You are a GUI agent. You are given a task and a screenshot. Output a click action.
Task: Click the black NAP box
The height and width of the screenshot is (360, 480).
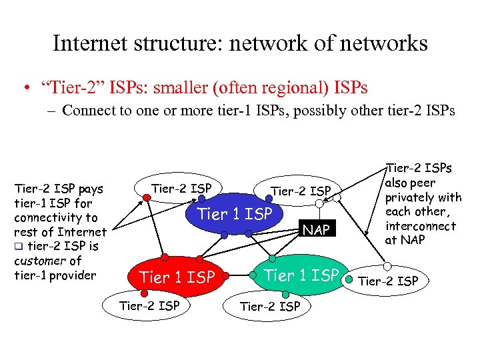(x=317, y=230)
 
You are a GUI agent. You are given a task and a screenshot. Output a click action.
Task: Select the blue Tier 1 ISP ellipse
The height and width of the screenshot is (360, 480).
(x=235, y=215)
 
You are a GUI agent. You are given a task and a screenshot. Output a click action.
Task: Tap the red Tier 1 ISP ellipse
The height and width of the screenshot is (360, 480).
(x=177, y=277)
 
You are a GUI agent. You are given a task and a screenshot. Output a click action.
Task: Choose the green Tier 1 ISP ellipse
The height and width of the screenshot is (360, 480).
(x=301, y=275)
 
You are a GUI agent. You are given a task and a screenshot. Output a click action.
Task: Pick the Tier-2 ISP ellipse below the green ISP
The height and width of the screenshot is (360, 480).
(x=269, y=306)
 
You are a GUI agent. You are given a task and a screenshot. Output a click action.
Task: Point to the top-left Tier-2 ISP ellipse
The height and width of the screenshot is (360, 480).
(x=181, y=189)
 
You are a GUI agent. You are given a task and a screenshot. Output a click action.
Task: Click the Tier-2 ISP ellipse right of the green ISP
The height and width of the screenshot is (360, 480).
(x=388, y=281)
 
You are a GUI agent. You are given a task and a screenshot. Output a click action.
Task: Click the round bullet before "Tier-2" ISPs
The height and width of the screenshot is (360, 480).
(x=24, y=88)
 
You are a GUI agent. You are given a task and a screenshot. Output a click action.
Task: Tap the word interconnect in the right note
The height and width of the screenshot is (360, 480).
(x=421, y=226)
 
